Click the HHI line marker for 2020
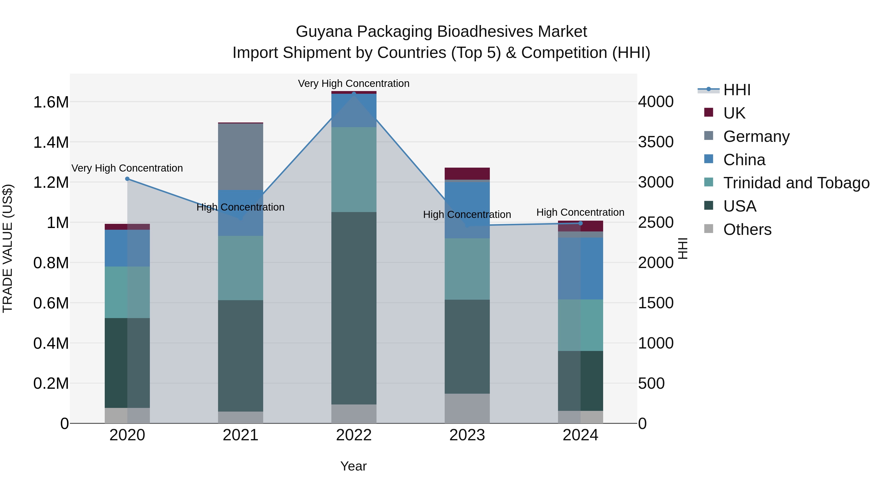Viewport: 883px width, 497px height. coord(127,179)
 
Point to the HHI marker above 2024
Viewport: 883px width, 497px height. coord(580,223)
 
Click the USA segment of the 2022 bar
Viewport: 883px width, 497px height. coord(354,308)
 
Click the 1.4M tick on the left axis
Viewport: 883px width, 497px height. coord(51,142)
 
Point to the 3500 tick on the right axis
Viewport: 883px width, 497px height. coord(655,142)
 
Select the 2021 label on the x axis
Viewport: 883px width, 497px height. coord(240,435)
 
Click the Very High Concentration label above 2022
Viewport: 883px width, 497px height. coord(353,83)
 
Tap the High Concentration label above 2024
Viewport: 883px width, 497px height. coord(580,212)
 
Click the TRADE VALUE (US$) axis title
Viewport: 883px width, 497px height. coord(8,248)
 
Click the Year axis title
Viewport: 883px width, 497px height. coord(353,466)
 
